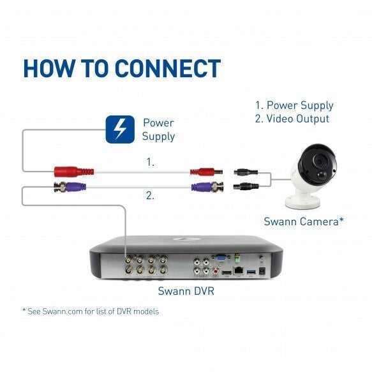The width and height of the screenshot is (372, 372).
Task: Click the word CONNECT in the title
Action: [x=168, y=68]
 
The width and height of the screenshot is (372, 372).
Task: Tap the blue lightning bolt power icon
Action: [x=120, y=130]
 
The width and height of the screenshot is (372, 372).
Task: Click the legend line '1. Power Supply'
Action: [x=294, y=105]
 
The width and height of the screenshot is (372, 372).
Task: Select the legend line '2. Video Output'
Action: [x=292, y=119]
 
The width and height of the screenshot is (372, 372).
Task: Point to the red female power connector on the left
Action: [x=74, y=172]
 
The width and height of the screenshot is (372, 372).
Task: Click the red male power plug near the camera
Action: [x=206, y=172]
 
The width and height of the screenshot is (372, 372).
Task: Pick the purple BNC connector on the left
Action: [x=70, y=187]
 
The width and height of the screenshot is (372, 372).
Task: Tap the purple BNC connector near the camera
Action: [x=207, y=187]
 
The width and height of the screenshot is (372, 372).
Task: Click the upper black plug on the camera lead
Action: [x=246, y=172]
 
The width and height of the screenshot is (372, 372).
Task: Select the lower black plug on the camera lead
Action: [x=246, y=186]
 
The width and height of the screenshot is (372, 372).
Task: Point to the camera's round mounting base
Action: [x=303, y=202]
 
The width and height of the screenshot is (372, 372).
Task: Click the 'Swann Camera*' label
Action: [x=304, y=221]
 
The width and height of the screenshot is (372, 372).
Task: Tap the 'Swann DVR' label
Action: [x=186, y=291]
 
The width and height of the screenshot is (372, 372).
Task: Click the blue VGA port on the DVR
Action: [x=221, y=258]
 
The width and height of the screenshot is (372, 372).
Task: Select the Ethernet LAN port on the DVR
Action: [x=238, y=271]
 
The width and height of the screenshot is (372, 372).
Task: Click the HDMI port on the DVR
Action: [x=227, y=272]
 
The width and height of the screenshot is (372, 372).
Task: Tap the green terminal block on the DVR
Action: [x=237, y=259]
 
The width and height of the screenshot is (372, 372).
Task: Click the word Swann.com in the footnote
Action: [x=63, y=311]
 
